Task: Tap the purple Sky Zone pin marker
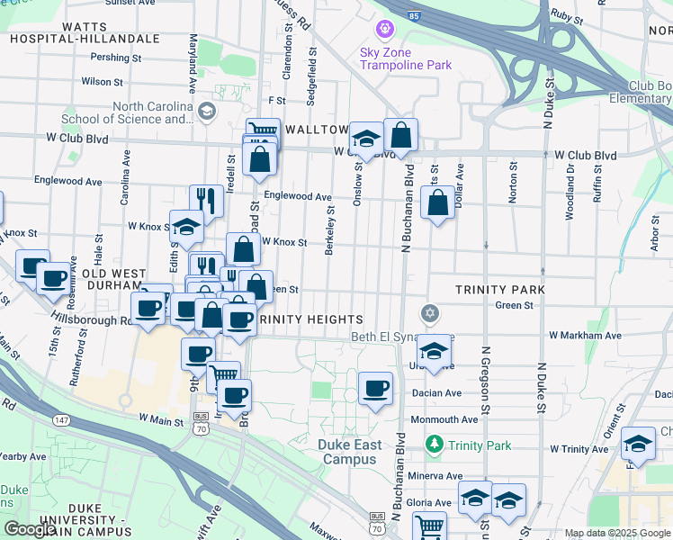pos(385,30)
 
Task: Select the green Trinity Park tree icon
pos(435,445)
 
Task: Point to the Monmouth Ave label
pos(444,419)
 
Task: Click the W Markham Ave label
pos(585,335)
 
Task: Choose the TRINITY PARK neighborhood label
pos(499,290)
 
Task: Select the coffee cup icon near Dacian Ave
pos(376,389)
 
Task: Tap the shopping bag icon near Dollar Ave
pos(437,203)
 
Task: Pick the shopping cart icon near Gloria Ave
pos(430,526)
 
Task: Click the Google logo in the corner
pos(29,529)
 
